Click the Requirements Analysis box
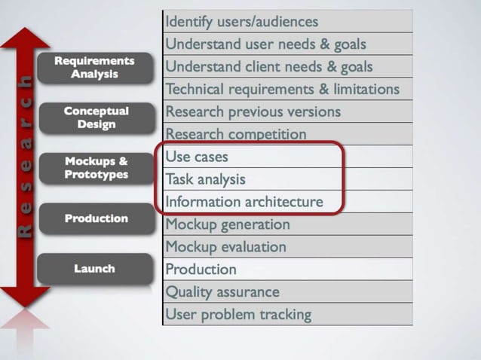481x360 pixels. [x=95, y=68]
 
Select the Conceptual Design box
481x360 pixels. [x=95, y=117]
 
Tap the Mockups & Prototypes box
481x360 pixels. [x=95, y=168]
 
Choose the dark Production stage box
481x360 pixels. [x=95, y=218]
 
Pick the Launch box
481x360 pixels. [x=95, y=268]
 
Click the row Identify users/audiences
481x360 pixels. [x=287, y=22]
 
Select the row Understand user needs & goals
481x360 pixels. [x=287, y=44]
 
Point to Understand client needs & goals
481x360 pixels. [x=287, y=67]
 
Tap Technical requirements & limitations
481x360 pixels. [x=287, y=90]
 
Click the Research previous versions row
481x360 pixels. [x=287, y=112]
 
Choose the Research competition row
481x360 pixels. [x=287, y=135]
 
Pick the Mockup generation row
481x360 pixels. [x=287, y=224]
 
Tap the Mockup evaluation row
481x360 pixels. [x=287, y=247]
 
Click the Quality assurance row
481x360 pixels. [x=287, y=291]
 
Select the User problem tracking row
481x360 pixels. [x=287, y=314]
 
